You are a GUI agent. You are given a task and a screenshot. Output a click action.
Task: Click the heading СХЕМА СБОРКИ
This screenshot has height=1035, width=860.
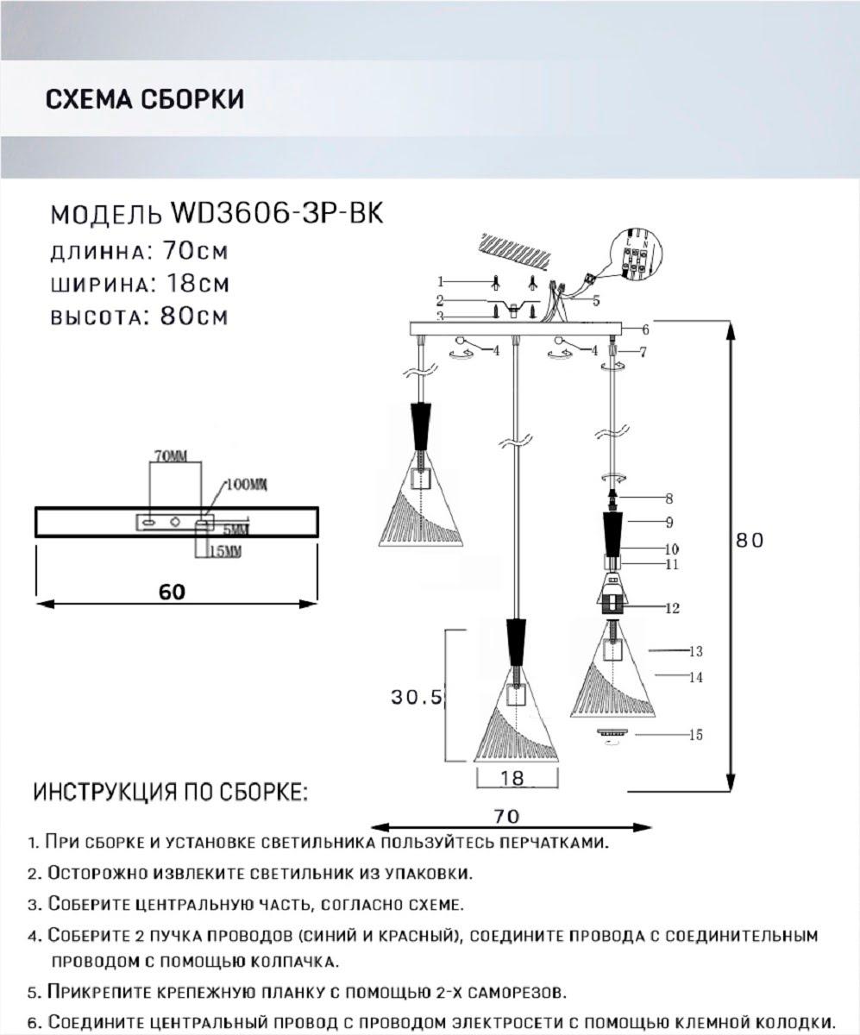[144, 99]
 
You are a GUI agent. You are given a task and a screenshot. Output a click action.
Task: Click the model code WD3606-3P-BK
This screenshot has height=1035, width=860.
[277, 213]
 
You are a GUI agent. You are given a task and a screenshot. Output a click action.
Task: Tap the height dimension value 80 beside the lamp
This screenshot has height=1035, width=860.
[750, 540]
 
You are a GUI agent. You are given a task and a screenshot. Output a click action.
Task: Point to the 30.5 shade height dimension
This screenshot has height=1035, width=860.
[417, 698]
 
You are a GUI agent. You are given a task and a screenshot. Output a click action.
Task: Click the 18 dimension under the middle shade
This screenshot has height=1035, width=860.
[512, 777]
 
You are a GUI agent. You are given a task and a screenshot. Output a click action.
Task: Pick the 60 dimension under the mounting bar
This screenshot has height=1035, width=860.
[173, 592]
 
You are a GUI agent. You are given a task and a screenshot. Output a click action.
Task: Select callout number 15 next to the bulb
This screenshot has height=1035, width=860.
[695, 735]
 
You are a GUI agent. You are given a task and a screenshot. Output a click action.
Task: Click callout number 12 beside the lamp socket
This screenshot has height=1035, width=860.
[672, 608]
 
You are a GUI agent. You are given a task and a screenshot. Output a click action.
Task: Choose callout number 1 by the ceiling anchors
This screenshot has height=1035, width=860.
[440, 281]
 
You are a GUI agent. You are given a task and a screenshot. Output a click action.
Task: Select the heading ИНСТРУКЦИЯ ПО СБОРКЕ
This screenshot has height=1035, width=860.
[170, 792]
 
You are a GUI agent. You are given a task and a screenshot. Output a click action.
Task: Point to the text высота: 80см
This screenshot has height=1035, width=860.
[139, 317]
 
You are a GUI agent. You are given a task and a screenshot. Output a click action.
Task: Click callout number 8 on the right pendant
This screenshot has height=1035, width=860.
[669, 499]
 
